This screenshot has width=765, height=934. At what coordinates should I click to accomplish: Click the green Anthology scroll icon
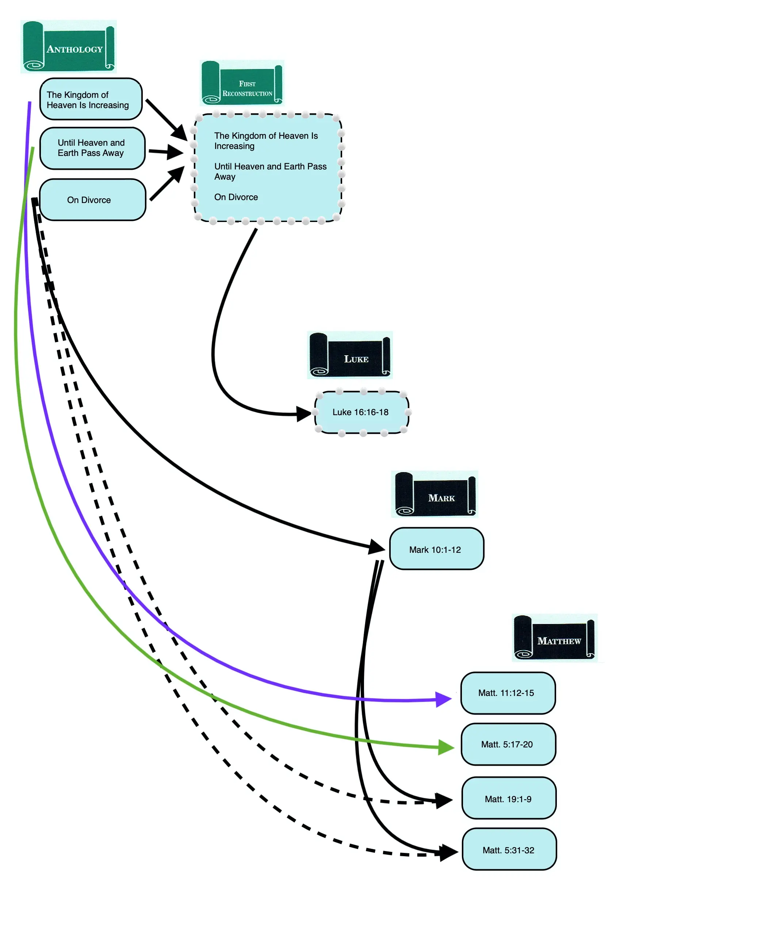(68, 46)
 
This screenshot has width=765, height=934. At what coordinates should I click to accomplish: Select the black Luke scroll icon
(349, 355)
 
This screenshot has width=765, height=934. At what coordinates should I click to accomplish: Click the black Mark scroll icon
(435, 493)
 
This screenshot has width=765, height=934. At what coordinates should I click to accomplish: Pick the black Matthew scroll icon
(554, 637)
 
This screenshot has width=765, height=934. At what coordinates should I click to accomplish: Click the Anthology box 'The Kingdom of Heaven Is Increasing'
(91, 99)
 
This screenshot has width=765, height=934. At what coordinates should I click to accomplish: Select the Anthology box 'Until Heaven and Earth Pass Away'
(92, 148)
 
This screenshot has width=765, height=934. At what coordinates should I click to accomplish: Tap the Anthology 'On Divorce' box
(92, 200)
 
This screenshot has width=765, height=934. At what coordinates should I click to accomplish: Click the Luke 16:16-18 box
(362, 412)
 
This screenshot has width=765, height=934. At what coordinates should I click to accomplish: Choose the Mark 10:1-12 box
(436, 549)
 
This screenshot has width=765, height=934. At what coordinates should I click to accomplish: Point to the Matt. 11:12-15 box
(508, 693)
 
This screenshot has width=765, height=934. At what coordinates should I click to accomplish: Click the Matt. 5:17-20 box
(508, 744)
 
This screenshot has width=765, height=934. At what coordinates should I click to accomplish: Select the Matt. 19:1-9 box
(509, 799)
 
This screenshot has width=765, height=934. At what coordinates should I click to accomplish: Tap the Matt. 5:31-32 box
(509, 850)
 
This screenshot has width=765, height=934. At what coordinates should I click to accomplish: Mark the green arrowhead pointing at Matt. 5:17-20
(446, 747)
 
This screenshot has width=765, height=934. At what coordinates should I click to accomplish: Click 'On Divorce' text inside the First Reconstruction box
(236, 197)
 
